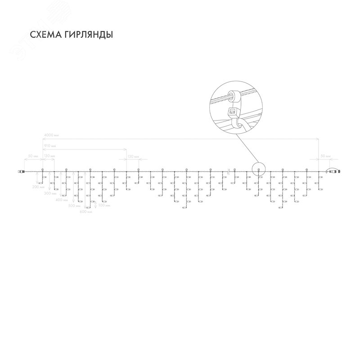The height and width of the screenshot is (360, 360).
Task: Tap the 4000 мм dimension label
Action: (x=51, y=135)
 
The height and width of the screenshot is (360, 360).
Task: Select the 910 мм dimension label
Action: (x=49, y=146)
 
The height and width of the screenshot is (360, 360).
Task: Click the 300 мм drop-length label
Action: (x=50, y=193)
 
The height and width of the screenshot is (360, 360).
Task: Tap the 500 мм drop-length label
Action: (x=73, y=205)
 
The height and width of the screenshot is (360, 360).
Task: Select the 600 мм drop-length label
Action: (x=85, y=211)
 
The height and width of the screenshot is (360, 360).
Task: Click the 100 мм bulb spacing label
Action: (x=104, y=205)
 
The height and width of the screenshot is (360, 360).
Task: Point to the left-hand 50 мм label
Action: (x=33, y=156)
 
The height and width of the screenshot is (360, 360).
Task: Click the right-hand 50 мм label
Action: (x=325, y=156)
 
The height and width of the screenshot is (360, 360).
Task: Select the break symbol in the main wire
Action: (x=229, y=171)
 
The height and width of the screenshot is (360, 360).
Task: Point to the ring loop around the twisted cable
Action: (x=233, y=95)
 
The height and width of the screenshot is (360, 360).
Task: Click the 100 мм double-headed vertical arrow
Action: (x=96, y=205)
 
